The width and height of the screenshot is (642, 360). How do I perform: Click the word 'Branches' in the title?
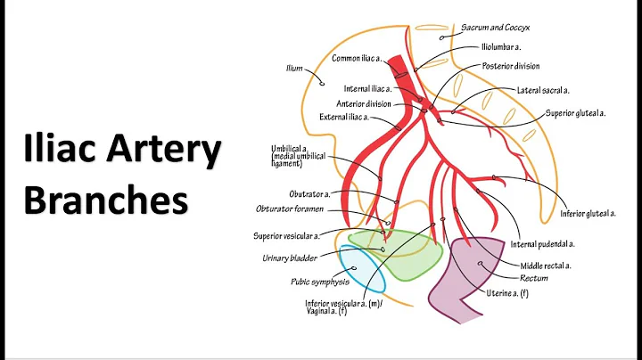(106, 200)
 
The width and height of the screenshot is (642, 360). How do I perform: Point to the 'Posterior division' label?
(511, 66)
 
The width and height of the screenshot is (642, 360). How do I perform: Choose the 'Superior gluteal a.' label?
(576, 113)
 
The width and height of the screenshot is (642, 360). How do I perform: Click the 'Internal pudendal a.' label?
(542, 243)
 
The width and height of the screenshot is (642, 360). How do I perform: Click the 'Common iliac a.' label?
(357, 58)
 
